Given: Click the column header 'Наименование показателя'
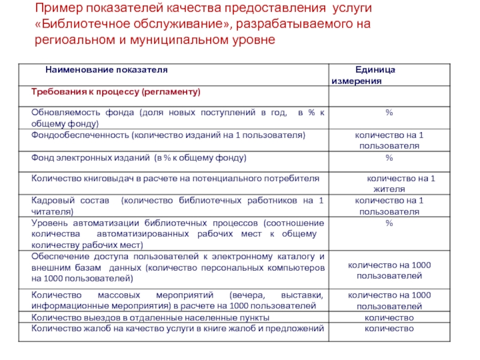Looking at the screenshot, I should click(106, 70).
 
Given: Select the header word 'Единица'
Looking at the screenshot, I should click(375, 70).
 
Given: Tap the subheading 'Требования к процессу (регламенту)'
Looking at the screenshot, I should click(115, 92).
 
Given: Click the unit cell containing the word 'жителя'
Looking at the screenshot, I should click(401, 189).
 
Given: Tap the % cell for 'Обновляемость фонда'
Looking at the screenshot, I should click(389, 113).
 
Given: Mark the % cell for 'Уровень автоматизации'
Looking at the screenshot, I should click(389, 223).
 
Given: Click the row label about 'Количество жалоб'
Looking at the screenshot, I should click(178, 328).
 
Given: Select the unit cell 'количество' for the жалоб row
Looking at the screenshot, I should click(389, 328).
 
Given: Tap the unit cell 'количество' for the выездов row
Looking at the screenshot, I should click(389, 317).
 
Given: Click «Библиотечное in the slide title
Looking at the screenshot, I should click(85, 25).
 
